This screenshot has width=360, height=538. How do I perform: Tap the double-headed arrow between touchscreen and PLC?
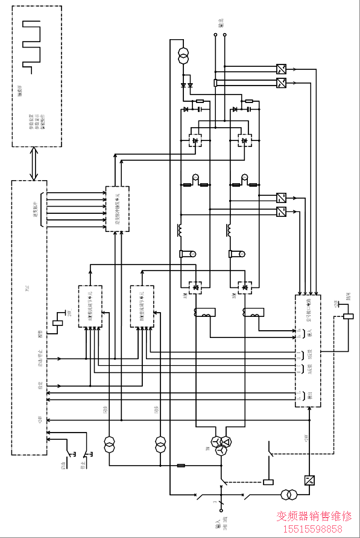[35, 163]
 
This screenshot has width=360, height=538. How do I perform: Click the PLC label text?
[27, 289]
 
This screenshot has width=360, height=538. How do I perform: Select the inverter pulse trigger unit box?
[117, 209]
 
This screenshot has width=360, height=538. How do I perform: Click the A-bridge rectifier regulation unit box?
[90, 306]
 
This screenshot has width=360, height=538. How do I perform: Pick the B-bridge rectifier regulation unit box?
[142, 306]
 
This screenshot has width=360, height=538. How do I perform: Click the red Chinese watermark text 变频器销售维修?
[314, 516]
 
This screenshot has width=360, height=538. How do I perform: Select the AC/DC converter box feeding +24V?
[310, 480]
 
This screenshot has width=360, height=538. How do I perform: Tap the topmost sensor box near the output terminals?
[281, 69]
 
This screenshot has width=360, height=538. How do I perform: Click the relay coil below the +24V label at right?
[348, 316]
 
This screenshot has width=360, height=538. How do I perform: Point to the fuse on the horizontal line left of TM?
[181, 465]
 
